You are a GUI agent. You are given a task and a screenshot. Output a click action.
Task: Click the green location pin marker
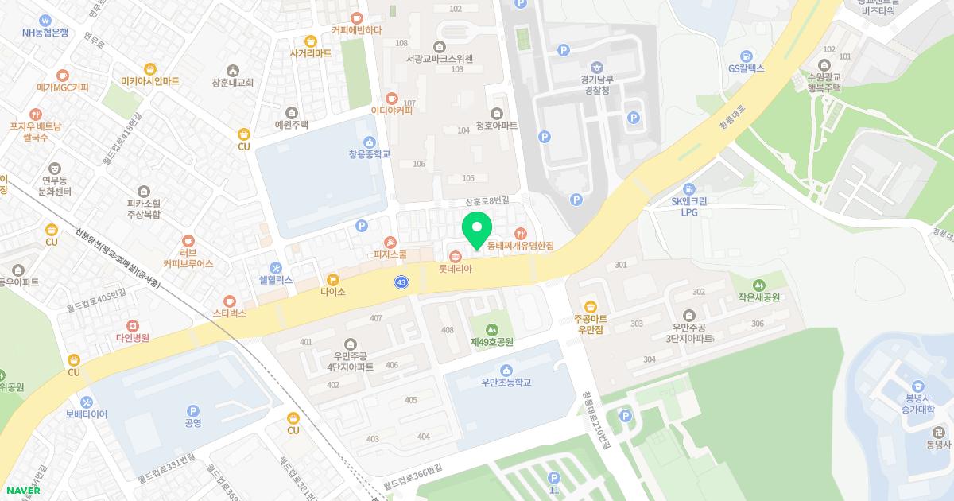(x=477, y=230)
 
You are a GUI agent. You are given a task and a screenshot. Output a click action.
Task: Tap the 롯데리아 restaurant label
(x=456, y=269)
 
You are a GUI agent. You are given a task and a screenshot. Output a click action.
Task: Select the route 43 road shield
(x=401, y=282)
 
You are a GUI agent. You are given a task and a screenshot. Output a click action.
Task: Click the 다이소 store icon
(x=332, y=279)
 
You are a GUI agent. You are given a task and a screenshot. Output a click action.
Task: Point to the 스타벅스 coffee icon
(x=230, y=301)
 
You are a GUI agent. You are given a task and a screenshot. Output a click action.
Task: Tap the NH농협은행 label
(x=46, y=33)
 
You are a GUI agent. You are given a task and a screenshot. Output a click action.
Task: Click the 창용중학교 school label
(x=370, y=153)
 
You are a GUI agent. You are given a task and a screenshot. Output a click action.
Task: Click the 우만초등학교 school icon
(x=506, y=370)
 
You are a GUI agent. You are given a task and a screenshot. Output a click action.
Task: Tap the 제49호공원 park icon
(x=492, y=329)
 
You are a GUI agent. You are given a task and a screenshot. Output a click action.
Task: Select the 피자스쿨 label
(x=390, y=254)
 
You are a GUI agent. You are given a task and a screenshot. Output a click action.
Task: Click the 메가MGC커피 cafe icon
(x=63, y=87)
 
